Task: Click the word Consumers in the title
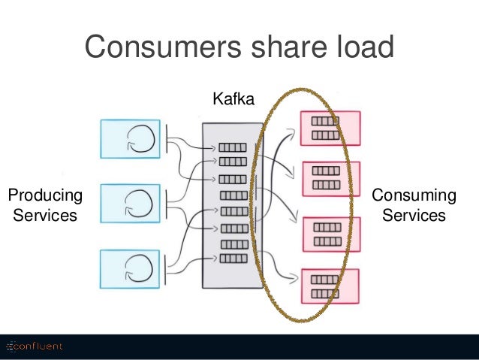[x=163, y=47]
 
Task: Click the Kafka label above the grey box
[x=233, y=98]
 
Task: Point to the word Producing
[x=45, y=195]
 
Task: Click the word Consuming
[x=414, y=195]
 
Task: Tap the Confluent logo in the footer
[x=35, y=346]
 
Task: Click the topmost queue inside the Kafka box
[x=233, y=148]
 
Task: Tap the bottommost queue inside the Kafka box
[x=233, y=259]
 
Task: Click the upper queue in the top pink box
[x=325, y=121]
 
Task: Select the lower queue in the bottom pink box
[x=325, y=294]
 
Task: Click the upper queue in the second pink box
[x=326, y=171]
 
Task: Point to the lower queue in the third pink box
[x=327, y=242]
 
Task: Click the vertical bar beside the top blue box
[x=167, y=139]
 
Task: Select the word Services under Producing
[x=45, y=215]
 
